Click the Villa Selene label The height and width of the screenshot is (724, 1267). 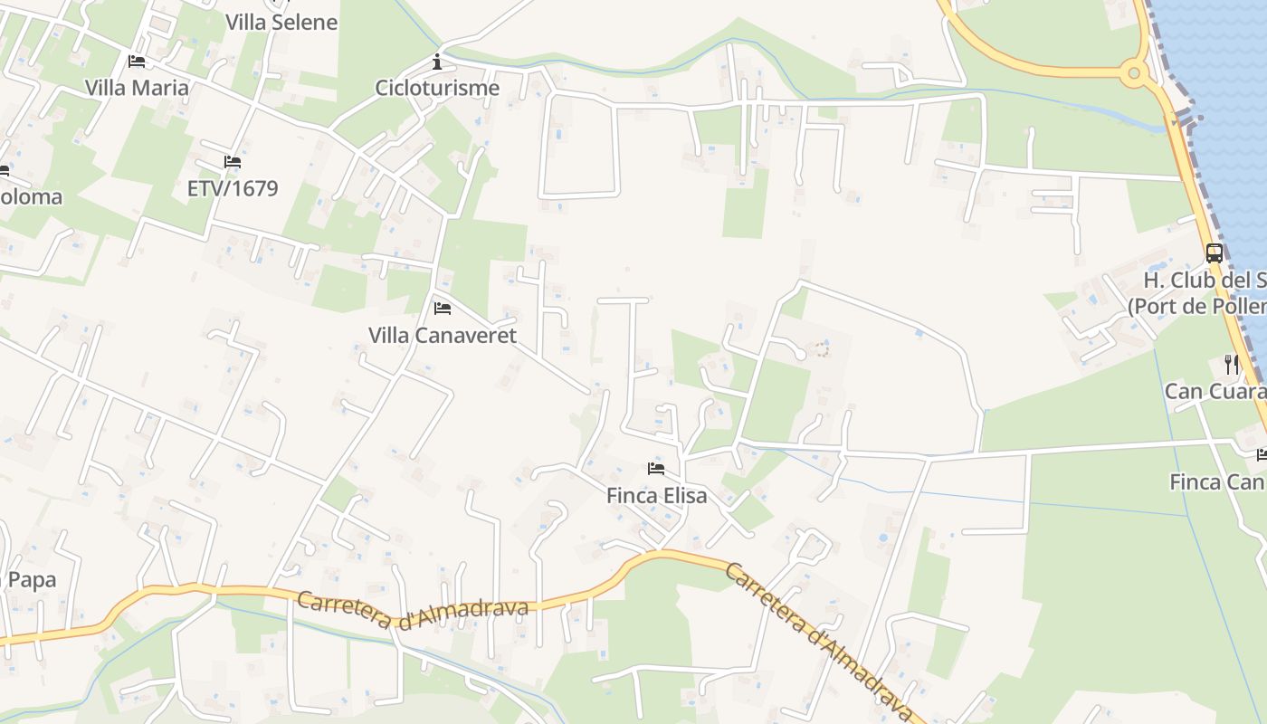281,22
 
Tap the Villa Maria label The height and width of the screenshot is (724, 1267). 137,88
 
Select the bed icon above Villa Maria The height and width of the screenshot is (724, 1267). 137,62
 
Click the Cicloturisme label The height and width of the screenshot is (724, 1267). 437,88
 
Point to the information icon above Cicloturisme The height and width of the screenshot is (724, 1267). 437,62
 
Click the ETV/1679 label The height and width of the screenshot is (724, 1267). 233,188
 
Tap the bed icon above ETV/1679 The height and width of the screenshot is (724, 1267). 233,163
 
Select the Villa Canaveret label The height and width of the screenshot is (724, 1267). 443,335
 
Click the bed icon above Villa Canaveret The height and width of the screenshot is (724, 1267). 443,309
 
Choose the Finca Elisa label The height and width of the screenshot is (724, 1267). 656,495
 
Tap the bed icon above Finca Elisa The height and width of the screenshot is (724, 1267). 656,469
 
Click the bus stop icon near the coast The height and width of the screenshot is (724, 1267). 1215,253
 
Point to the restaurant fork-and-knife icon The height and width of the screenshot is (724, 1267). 1232,365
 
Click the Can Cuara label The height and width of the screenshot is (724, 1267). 1215,391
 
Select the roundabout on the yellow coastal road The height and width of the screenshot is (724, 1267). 1134,73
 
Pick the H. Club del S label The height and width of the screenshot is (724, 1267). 1204,280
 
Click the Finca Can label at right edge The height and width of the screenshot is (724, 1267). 1217,481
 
